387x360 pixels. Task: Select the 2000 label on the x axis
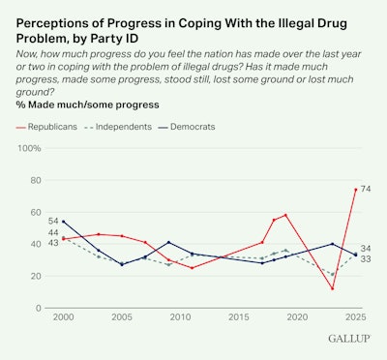click(63, 317)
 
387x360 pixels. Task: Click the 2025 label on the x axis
click(355, 317)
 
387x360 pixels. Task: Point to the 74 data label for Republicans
click(367, 190)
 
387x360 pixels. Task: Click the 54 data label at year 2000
click(53, 222)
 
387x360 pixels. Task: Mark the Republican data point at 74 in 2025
click(355, 190)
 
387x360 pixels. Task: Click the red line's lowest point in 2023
click(332, 288)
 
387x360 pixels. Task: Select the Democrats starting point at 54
click(63, 222)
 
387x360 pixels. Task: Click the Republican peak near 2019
click(285, 215)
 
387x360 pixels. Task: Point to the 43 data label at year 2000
click(53, 242)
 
